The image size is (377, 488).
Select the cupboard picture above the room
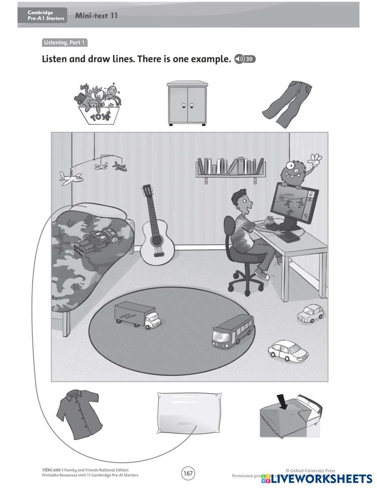(x=187, y=103)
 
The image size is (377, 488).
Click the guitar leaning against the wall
(x=155, y=230)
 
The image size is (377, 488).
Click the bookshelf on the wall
(x=230, y=168)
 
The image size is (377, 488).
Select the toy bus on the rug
(x=233, y=330)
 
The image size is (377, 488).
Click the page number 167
(x=188, y=473)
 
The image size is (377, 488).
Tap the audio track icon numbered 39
(x=245, y=59)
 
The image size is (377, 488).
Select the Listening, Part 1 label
(x=64, y=43)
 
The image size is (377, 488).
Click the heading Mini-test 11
(x=96, y=15)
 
